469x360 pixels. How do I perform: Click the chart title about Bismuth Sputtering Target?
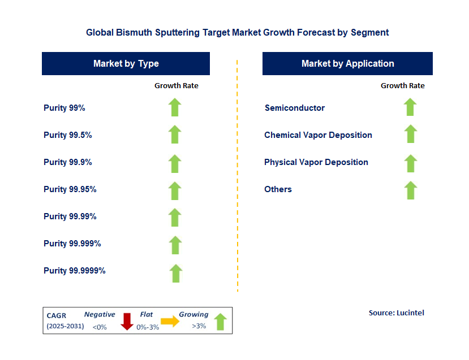[237, 32]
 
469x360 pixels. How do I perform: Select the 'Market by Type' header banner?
[126, 63]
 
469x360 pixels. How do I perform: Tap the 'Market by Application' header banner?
[347, 63]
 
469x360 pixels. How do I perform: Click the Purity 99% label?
[64, 107]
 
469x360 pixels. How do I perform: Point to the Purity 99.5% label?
[67, 135]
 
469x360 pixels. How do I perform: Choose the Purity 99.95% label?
[70, 189]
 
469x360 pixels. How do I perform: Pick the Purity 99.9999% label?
[74, 271]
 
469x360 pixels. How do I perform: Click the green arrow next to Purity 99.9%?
[175, 163]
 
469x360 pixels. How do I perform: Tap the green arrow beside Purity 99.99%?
[175, 217]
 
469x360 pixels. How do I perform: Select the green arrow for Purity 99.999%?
[175, 244]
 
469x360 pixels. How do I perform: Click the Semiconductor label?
[294, 107]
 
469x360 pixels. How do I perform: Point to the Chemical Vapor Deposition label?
[318, 135]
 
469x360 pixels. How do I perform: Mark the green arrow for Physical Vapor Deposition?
[410, 163]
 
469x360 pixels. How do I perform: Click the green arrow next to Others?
[410, 190]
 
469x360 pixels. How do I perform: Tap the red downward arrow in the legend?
[127, 321]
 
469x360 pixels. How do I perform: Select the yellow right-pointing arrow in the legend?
[169, 321]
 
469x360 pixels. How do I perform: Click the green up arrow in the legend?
[220, 322]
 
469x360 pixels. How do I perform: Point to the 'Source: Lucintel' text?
[396, 313]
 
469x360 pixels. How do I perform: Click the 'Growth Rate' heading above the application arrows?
[402, 86]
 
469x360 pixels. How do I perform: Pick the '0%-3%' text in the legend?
[147, 327]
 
